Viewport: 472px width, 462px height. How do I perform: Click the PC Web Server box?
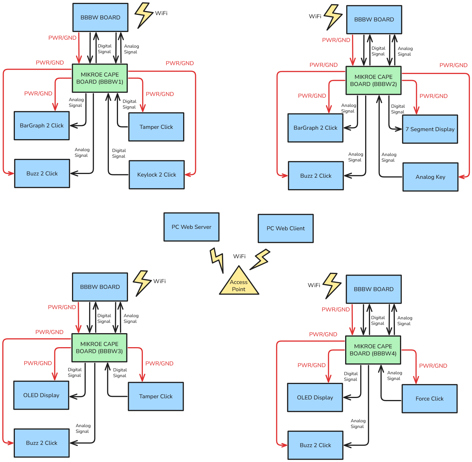pos(191,227)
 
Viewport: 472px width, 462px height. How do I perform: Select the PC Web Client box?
pos(285,228)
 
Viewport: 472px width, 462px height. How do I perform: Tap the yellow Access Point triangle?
pos(239,284)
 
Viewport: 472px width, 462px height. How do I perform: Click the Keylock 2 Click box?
pos(157,175)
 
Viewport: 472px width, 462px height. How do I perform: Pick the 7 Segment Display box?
pos(430,129)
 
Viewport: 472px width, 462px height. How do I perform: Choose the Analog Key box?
pos(430,177)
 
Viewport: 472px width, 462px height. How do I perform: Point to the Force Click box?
pos(429,399)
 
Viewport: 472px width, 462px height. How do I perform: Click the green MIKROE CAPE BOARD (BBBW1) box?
pos(100,78)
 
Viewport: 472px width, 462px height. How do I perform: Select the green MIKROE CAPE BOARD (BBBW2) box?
pos(373,80)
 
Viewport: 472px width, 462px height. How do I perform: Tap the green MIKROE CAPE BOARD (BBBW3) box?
pos(99,347)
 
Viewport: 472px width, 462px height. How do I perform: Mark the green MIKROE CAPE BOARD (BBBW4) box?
pos(373,350)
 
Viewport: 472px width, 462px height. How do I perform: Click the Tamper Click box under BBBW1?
pos(156,127)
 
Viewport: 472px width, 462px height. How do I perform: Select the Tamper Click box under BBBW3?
pos(156,396)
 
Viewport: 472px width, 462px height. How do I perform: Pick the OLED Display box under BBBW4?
pos(315,397)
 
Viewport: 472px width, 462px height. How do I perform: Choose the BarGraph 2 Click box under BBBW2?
pos(315,128)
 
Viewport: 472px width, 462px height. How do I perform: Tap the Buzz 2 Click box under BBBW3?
pos(42,443)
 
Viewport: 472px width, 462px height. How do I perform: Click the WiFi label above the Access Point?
pos(239,256)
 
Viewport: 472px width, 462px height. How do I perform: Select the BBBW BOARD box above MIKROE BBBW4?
pos(374,289)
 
